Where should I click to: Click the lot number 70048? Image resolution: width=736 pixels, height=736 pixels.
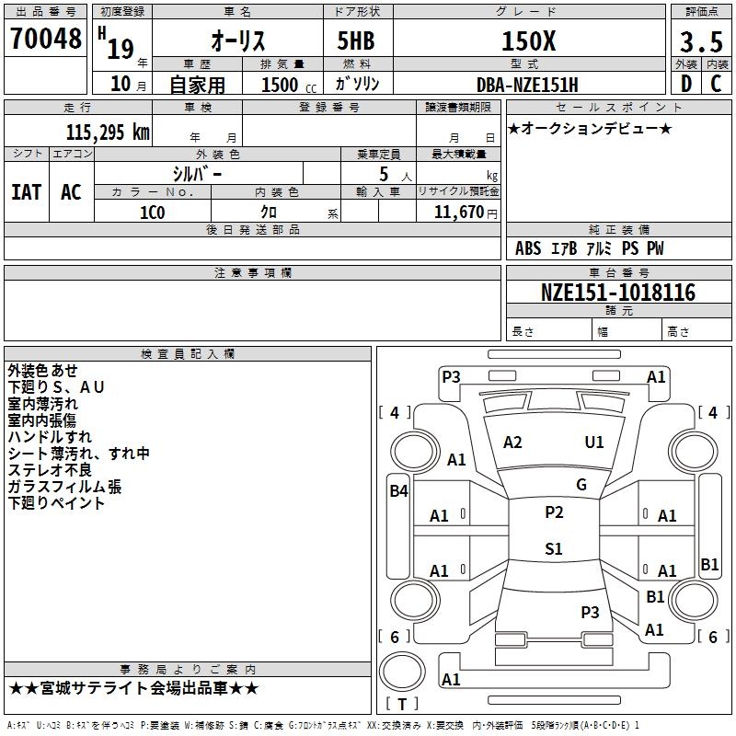[x=46, y=40]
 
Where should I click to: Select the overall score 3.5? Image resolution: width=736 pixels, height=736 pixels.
[x=699, y=42]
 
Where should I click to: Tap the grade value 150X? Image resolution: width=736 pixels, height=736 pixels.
[x=527, y=40]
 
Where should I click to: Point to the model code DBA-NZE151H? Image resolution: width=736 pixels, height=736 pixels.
[x=527, y=84]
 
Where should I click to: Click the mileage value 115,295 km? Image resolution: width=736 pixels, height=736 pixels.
[x=107, y=132]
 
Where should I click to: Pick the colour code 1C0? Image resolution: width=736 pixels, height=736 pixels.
[x=152, y=211]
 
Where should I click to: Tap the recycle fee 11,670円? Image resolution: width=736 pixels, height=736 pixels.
[x=457, y=212]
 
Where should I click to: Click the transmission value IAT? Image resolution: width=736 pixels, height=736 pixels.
[x=26, y=192]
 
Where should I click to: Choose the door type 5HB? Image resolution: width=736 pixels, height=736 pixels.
[x=354, y=40]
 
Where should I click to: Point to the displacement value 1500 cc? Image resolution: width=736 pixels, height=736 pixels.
[x=280, y=85]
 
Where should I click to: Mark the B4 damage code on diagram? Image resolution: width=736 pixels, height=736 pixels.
[x=397, y=490]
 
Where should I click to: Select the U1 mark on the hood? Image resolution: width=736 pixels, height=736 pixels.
[x=594, y=443]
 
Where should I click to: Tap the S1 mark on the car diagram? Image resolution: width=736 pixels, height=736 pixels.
[x=553, y=549]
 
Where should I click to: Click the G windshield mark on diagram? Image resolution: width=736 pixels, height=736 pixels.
[x=581, y=484]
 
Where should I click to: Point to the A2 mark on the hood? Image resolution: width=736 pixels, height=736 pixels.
[x=512, y=443]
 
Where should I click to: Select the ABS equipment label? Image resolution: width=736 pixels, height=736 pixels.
[x=528, y=248]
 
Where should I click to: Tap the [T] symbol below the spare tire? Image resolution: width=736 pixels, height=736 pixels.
[x=401, y=704]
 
